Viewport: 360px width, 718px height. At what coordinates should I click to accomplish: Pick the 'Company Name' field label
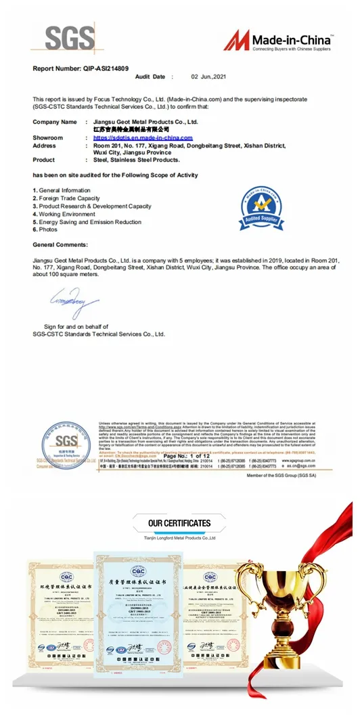pyautogui.click(x=55, y=122)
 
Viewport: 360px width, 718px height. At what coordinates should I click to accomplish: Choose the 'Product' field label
pyautogui.click(x=44, y=160)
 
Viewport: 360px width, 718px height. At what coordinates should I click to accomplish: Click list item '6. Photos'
pyautogui.click(x=45, y=230)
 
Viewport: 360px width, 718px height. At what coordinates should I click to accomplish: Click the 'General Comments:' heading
pyautogui.click(x=60, y=244)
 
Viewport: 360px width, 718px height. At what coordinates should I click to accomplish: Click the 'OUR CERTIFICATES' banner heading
pyautogui.click(x=179, y=523)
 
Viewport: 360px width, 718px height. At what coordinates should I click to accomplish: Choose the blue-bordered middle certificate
pyautogui.click(x=141, y=612)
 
